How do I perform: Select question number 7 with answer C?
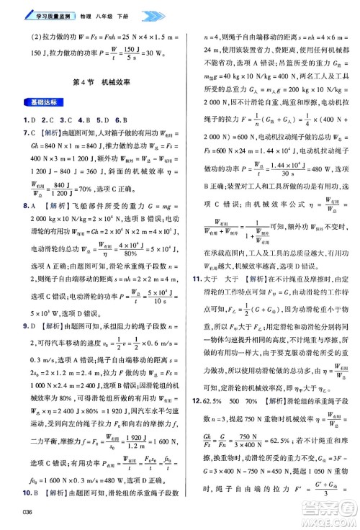point(27,132)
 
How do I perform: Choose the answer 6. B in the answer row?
point(120,119)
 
